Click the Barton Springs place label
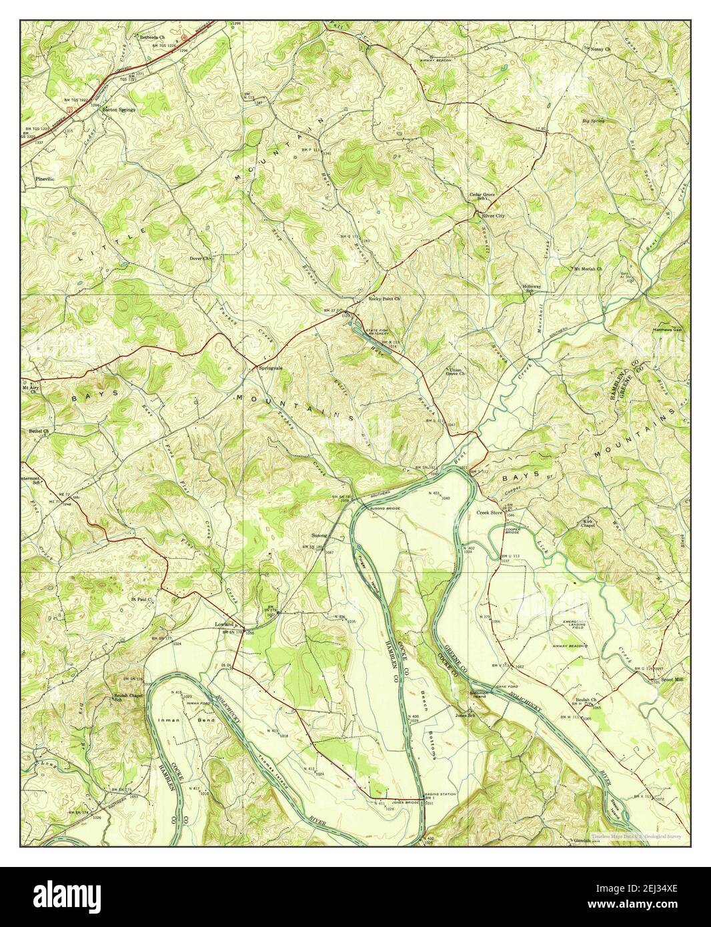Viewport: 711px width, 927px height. tap(119, 109)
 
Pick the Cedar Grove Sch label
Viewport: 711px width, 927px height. tap(485, 196)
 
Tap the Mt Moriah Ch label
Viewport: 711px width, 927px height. tap(588, 269)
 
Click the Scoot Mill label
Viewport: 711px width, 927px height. tap(668, 680)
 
